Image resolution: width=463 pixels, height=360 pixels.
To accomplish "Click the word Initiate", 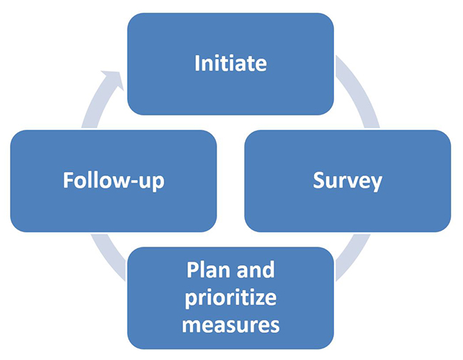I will (230, 63).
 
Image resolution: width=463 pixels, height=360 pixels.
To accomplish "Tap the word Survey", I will (347, 180).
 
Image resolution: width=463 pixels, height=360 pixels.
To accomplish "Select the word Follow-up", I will (113, 180).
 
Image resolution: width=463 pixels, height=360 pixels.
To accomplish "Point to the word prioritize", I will (230, 298).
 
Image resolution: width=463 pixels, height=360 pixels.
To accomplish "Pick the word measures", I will (230, 325).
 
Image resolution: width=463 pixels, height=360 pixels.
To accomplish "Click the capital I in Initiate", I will (197, 63).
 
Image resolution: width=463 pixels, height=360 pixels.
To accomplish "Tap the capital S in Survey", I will (318, 180).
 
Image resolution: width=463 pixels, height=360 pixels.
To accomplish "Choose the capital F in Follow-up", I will (68, 180).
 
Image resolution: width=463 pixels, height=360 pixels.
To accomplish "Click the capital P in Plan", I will (192, 272).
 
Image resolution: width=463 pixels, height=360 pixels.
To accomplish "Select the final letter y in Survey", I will (375, 182).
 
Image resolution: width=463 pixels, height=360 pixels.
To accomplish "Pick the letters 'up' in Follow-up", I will (150, 182).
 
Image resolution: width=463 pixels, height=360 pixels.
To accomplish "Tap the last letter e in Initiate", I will (260, 64).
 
